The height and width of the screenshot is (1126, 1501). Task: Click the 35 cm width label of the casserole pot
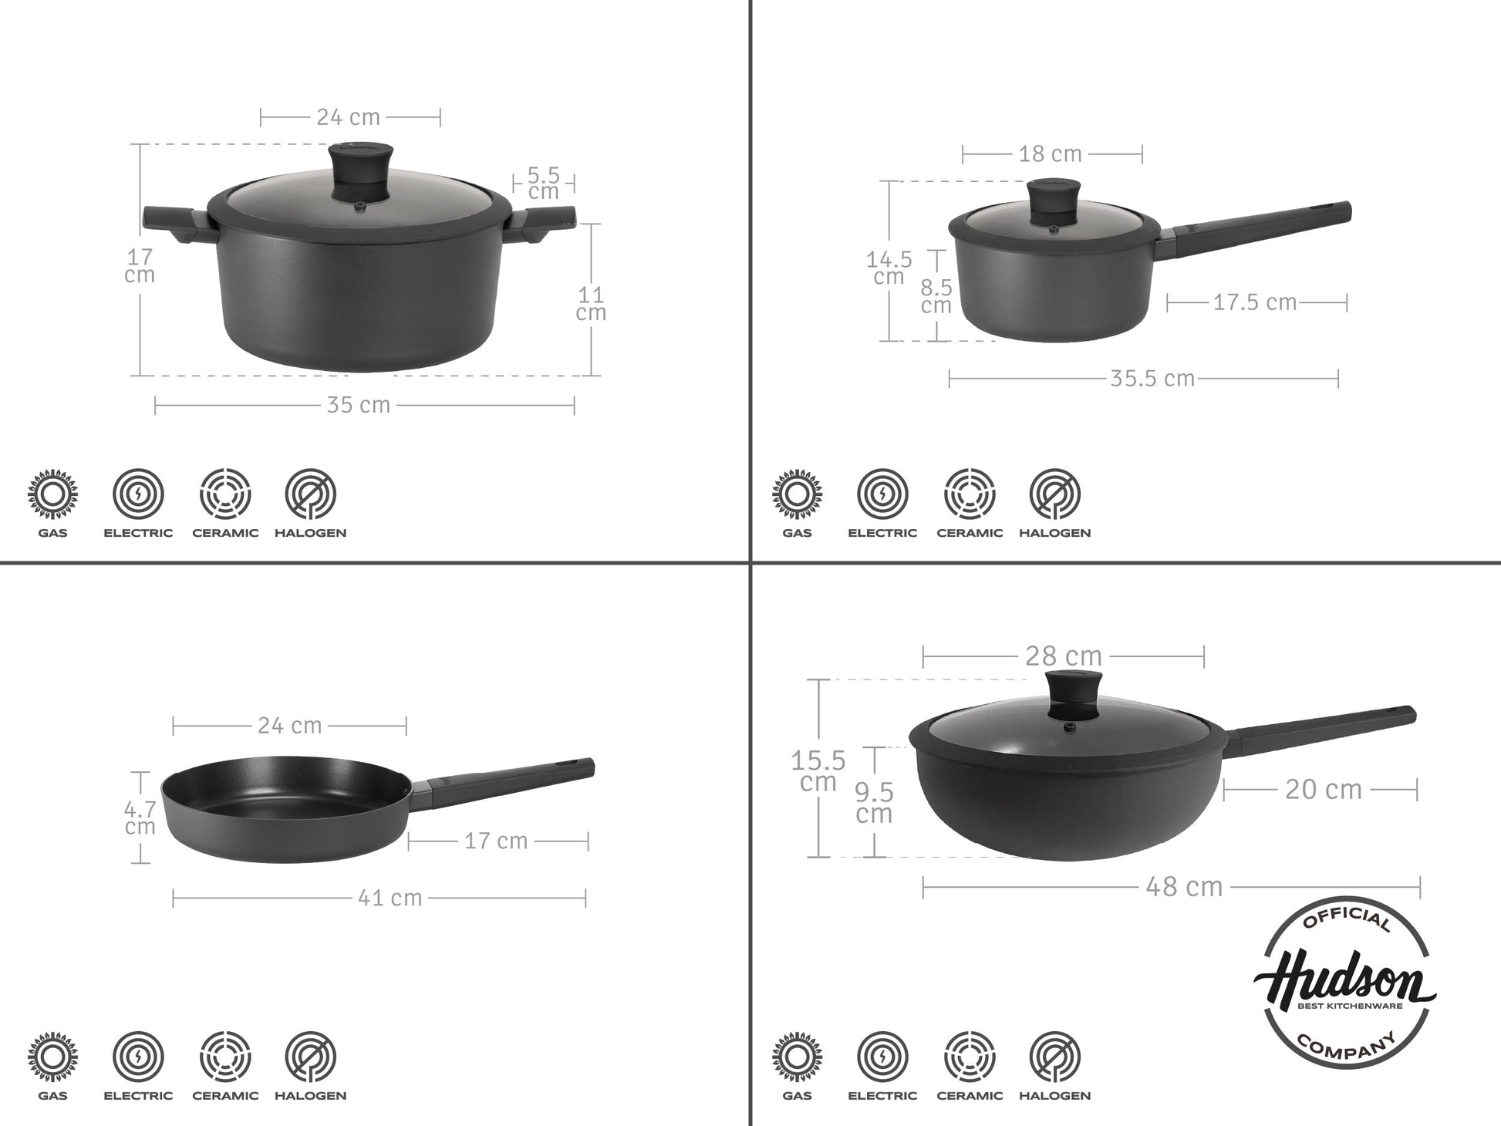click(359, 405)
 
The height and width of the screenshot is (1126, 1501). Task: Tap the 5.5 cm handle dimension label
click(544, 184)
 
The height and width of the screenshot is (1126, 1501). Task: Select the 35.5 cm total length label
click(1152, 379)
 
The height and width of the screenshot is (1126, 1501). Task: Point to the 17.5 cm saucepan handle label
click(1255, 302)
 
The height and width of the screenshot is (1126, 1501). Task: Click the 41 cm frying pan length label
click(390, 898)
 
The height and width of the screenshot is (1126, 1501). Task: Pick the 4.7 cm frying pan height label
click(140, 818)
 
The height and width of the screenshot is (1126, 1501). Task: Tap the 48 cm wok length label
click(1185, 887)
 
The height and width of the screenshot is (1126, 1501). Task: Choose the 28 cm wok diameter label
click(1064, 656)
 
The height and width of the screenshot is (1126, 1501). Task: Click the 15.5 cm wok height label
click(818, 771)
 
